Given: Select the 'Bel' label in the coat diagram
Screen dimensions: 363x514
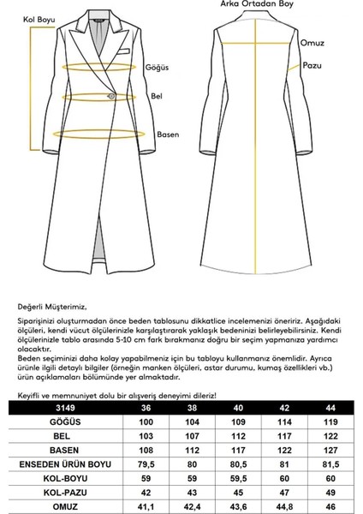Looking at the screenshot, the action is point(156,97).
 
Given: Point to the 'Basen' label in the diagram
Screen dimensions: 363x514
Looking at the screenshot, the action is point(169,134).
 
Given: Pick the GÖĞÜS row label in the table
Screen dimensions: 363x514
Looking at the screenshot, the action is point(53,422).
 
